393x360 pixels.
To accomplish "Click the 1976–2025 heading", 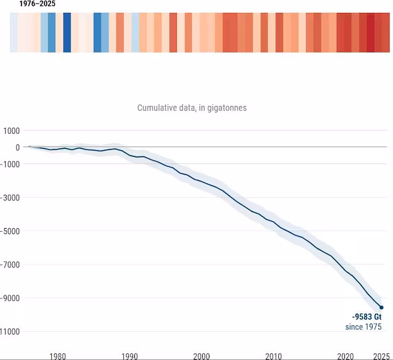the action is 38,4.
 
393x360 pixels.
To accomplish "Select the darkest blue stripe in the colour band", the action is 67,32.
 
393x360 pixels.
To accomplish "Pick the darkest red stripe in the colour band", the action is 371,32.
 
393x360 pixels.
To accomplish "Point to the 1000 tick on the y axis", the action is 12,131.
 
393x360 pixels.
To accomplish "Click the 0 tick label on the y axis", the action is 17,147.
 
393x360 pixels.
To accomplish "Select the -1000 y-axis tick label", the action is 10,165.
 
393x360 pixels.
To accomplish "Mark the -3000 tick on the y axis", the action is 10,198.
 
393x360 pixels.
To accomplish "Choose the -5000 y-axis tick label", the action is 10,231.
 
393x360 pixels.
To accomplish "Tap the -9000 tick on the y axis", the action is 10,298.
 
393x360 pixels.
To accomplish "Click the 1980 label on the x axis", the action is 58,356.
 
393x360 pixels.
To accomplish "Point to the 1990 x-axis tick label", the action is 130,356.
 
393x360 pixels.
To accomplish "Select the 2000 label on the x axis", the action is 201,356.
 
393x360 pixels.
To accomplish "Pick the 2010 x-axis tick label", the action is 273,356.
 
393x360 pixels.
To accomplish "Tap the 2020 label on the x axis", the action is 346,356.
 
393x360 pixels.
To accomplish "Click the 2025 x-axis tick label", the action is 381,356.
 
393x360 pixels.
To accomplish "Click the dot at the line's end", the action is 381,308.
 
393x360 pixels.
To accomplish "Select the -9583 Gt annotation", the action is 367,317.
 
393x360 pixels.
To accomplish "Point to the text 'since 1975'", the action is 363,327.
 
